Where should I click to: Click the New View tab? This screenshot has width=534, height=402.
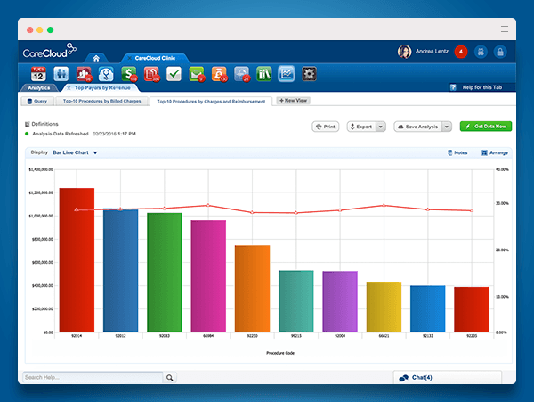(x=293, y=101)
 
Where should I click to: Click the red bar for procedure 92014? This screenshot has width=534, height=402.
(x=77, y=258)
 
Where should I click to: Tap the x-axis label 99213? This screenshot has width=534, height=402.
(x=295, y=337)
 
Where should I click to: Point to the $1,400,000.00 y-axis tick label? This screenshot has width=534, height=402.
(x=42, y=168)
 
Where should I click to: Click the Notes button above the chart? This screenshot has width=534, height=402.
(x=457, y=152)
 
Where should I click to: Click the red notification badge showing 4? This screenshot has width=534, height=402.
(x=460, y=52)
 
